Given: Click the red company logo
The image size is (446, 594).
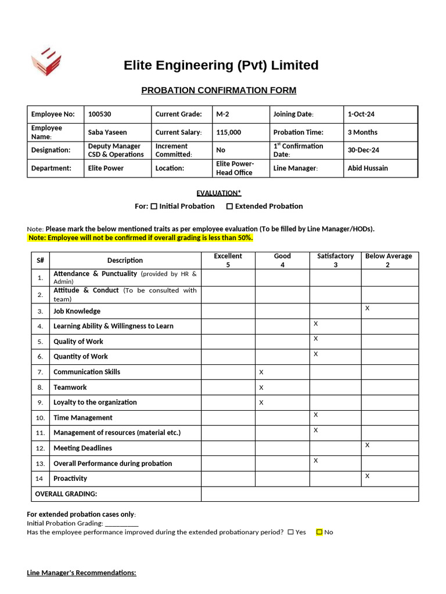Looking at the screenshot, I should [x=46, y=61].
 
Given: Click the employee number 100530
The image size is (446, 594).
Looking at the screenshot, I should [x=99, y=114].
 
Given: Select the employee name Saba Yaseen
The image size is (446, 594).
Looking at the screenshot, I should [x=107, y=132].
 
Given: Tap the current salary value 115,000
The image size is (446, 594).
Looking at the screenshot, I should [x=228, y=132].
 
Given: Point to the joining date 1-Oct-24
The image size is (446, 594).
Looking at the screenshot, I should [x=361, y=114].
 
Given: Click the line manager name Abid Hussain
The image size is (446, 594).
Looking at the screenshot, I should [x=368, y=168].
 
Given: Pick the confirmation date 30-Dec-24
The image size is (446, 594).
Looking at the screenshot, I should [x=363, y=150].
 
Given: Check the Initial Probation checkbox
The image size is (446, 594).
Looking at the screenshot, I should [x=154, y=206].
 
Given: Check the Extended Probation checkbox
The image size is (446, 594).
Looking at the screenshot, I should [x=229, y=206].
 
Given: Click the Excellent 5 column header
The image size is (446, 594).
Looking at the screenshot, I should [x=228, y=260].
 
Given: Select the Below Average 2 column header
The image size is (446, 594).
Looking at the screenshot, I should [x=388, y=260].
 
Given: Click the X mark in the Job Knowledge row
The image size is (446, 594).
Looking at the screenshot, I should [x=367, y=309].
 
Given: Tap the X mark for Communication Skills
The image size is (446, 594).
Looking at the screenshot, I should [x=261, y=372].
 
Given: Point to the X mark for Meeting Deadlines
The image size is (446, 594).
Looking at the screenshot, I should [x=367, y=445].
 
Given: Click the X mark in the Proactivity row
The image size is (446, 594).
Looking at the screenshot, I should [x=367, y=476].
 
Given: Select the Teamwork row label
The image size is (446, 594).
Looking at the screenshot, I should [x=70, y=387].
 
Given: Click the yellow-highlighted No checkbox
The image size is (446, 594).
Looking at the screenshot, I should [x=319, y=532].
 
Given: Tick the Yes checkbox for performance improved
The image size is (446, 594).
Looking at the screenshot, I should [x=290, y=532].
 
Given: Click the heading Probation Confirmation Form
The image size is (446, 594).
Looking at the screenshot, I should [x=219, y=90].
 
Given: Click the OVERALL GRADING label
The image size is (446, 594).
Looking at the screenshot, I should [x=66, y=494].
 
